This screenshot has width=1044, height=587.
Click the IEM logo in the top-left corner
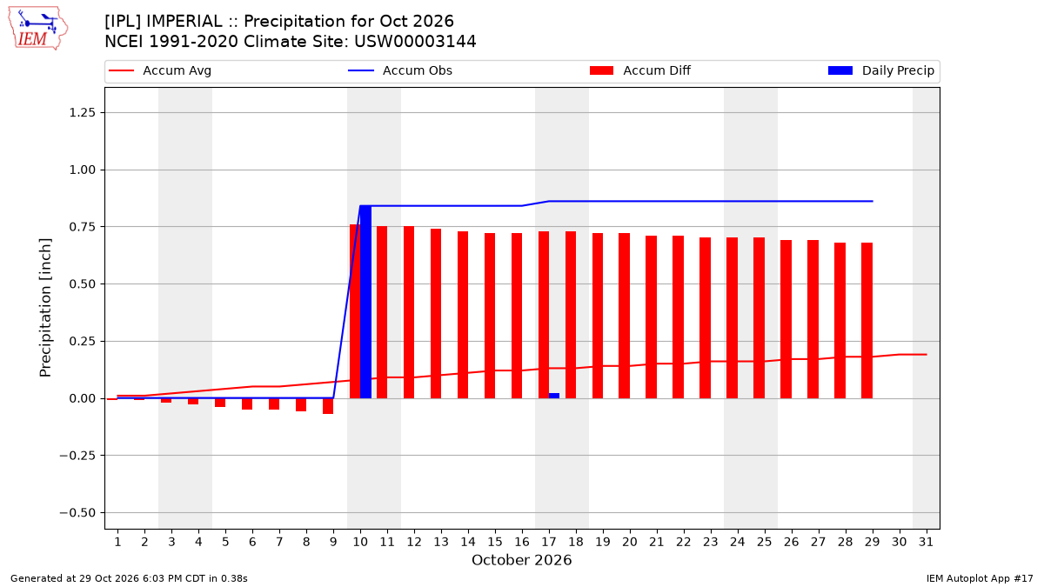pyautogui.click(x=38, y=29)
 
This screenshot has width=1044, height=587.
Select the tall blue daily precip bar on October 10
pyautogui.click(x=366, y=302)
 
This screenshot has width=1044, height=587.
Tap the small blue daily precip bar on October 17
pyautogui.click(x=554, y=396)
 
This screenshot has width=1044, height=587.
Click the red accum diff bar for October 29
pyautogui.click(x=867, y=321)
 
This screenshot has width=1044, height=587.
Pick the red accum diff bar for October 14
pyautogui.click(x=463, y=315)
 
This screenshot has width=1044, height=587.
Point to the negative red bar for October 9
pyautogui.click(x=328, y=406)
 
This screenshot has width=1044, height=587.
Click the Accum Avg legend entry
pyautogui.click(x=160, y=70)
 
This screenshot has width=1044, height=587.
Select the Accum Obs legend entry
pyautogui.click(x=400, y=70)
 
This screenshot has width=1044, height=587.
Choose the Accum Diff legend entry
pyautogui.click(x=640, y=70)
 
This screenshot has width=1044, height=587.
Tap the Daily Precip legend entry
pyautogui.click(x=880, y=70)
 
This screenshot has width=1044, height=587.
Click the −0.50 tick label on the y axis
pyautogui.click(x=77, y=513)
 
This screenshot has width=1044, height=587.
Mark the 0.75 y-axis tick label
pyautogui.click(x=82, y=227)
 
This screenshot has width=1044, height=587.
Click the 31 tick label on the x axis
pyautogui.click(x=926, y=542)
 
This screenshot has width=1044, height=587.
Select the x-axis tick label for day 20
pyautogui.click(x=630, y=542)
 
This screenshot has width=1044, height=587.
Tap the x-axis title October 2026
pyautogui.click(x=521, y=560)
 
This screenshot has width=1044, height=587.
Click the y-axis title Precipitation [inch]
pyautogui.click(x=45, y=308)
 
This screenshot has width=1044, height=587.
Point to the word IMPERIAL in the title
pyautogui.click(x=184, y=22)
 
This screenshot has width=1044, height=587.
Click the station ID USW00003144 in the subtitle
pyautogui.click(x=415, y=42)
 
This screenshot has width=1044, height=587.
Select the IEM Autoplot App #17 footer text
pyautogui.click(x=980, y=578)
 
